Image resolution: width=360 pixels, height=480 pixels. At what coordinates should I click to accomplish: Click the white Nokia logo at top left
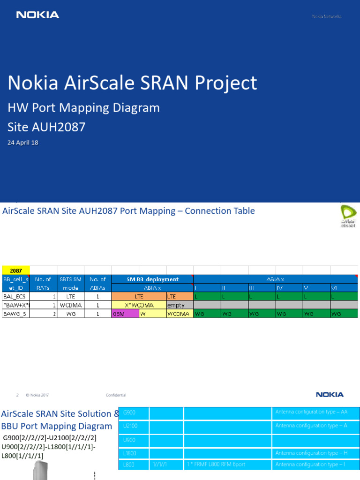37,15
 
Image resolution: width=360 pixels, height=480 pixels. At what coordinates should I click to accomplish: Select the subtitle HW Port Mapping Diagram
83,108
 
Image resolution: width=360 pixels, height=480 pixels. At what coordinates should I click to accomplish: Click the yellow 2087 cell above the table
16,270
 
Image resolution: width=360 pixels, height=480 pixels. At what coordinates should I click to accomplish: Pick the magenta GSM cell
125,314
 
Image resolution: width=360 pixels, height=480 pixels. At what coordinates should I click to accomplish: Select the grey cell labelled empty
180,305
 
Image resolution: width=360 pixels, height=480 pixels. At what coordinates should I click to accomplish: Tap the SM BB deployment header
152,279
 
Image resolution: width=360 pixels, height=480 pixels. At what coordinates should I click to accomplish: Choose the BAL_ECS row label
16,297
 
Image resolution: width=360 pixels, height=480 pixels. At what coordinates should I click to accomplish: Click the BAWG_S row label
16,314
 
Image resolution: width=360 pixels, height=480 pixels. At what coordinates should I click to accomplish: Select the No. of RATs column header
43,284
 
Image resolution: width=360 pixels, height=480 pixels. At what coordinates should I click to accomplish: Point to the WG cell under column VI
344,314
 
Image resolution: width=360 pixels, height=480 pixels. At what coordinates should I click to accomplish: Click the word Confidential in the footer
116,395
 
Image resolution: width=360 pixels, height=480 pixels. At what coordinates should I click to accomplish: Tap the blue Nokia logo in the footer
330,395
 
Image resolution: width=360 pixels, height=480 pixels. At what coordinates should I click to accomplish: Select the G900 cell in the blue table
134,412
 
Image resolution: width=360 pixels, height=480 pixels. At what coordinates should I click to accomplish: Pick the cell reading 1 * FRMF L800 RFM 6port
227,465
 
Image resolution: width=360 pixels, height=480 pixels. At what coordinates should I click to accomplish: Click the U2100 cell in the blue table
134,426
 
